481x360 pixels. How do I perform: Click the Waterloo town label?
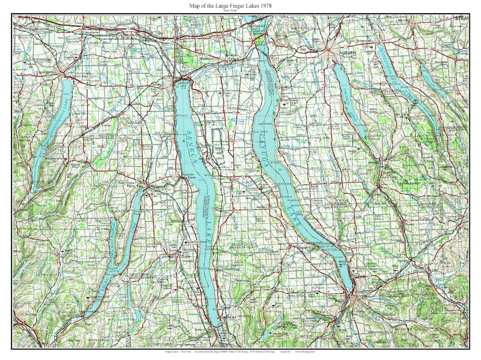tap(206, 58)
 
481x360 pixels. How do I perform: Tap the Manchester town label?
tap(91, 33)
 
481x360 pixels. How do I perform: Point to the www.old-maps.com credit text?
tap(305, 352)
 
